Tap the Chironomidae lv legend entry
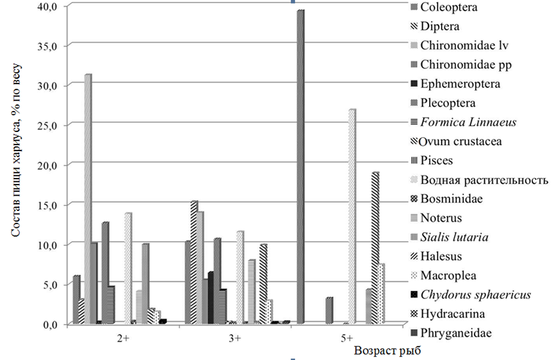pos(463,46)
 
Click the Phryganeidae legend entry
pos(454,333)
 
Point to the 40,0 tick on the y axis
pos(51,6)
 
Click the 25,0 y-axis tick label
pos(51,125)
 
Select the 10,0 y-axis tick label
pos(51,244)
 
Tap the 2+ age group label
pos(122,338)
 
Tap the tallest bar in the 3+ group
pos(194,263)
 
